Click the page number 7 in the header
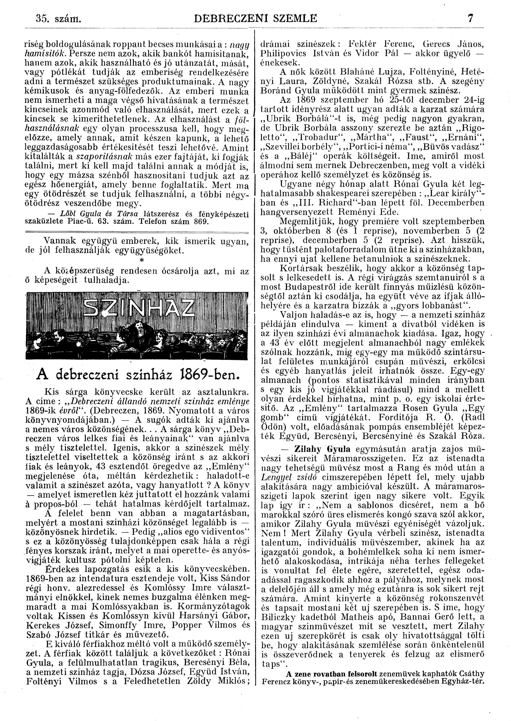click(x=470, y=19)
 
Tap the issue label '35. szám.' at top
click(x=59, y=19)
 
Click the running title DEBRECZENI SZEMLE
click(x=256, y=19)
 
